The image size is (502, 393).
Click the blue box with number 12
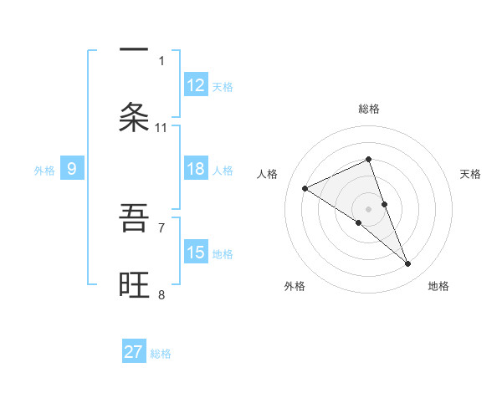click(196, 84)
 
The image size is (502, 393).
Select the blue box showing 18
click(196, 169)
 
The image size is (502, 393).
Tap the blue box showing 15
click(196, 253)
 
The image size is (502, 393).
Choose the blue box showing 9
click(72, 169)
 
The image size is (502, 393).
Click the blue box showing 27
click(134, 352)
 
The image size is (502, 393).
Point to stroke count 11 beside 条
click(161, 127)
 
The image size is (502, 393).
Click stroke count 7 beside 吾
click(161, 227)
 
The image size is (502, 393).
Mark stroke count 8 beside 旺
click(161, 294)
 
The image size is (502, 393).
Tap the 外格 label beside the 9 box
click(44, 170)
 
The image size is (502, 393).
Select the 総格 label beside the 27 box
click(161, 354)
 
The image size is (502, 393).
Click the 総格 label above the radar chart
click(369, 109)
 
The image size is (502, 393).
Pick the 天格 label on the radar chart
click(471, 174)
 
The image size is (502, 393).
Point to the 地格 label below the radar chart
click(439, 286)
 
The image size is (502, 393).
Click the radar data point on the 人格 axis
click(305, 188)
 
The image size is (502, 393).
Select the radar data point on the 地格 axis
click(408, 263)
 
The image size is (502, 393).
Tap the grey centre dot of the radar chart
click(368, 208)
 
